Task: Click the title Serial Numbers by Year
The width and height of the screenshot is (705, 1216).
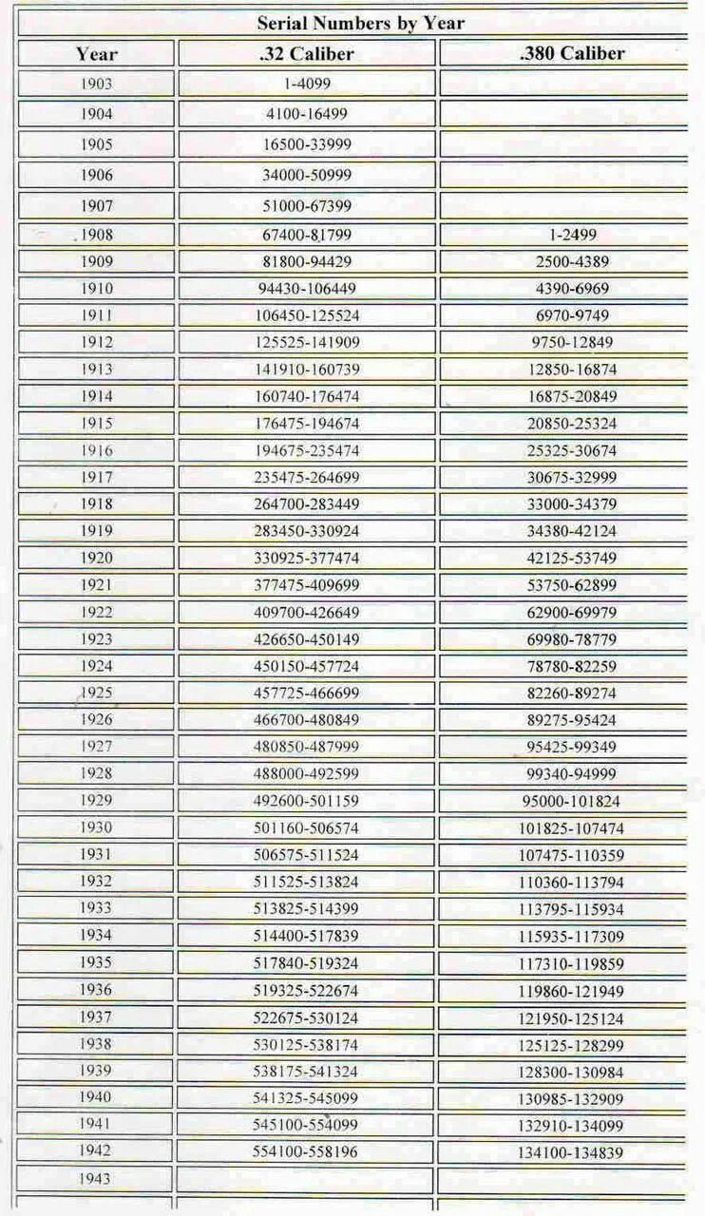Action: pos(361,23)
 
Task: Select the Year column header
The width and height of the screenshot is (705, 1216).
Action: pos(96,54)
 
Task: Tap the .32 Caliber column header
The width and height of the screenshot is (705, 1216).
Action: pos(306,54)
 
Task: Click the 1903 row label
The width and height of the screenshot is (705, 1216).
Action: pos(96,84)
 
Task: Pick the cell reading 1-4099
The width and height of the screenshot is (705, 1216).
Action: pos(306,84)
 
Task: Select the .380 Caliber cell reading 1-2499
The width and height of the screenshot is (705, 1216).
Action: pos(572,235)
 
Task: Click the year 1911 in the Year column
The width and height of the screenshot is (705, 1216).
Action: pos(96,315)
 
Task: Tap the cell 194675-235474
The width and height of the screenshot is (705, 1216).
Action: pos(306,450)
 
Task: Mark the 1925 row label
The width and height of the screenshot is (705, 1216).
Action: pos(96,693)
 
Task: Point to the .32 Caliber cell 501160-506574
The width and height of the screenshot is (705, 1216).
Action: pos(306,828)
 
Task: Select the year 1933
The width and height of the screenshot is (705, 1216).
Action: pos(96,908)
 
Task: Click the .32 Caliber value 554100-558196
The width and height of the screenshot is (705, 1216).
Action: pos(306,1151)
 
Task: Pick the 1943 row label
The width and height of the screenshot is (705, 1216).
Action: pos(96,1179)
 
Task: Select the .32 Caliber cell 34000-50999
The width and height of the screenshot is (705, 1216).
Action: pos(306,175)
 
